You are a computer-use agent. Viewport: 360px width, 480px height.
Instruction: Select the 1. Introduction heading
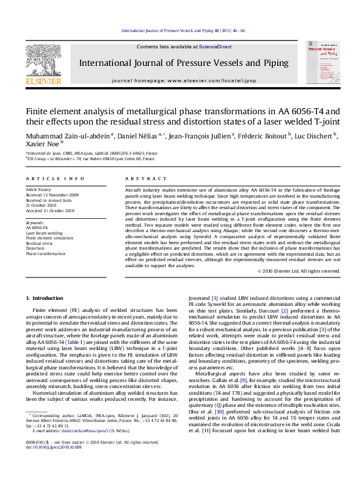pos(46,298)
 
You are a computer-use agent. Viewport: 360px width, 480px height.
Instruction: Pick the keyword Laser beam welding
pos(44,232)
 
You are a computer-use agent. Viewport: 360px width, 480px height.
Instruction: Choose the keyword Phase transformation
pos(45,254)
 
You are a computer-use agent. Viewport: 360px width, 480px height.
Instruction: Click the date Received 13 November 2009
pos(52,195)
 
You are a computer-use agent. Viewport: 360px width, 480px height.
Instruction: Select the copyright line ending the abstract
pos(299,271)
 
